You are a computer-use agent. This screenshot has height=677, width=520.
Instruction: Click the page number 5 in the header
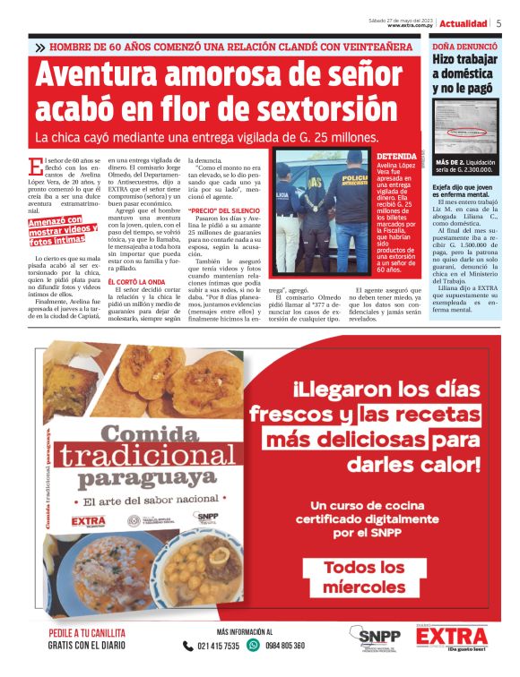(x=498, y=23)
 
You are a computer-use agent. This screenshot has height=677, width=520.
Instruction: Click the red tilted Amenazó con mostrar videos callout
(x=64, y=231)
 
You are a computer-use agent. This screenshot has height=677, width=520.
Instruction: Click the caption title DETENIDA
(x=396, y=156)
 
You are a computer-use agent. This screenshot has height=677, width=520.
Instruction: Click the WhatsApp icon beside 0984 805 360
(x=254, y=646)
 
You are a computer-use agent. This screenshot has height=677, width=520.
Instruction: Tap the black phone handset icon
(x=187, y=646)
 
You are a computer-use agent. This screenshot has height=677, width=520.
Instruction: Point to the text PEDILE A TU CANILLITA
(x=87, y=633)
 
